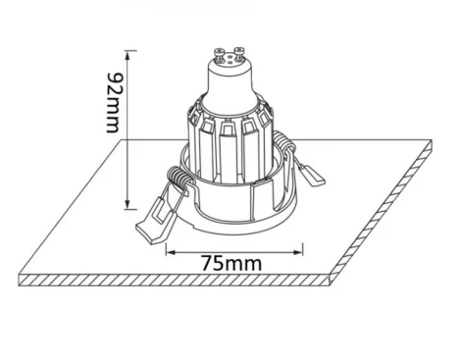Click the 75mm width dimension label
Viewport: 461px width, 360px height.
coord(226,265)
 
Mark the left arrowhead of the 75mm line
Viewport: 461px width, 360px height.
coord(168,252)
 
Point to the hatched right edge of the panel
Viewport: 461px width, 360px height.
coord(383,216)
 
